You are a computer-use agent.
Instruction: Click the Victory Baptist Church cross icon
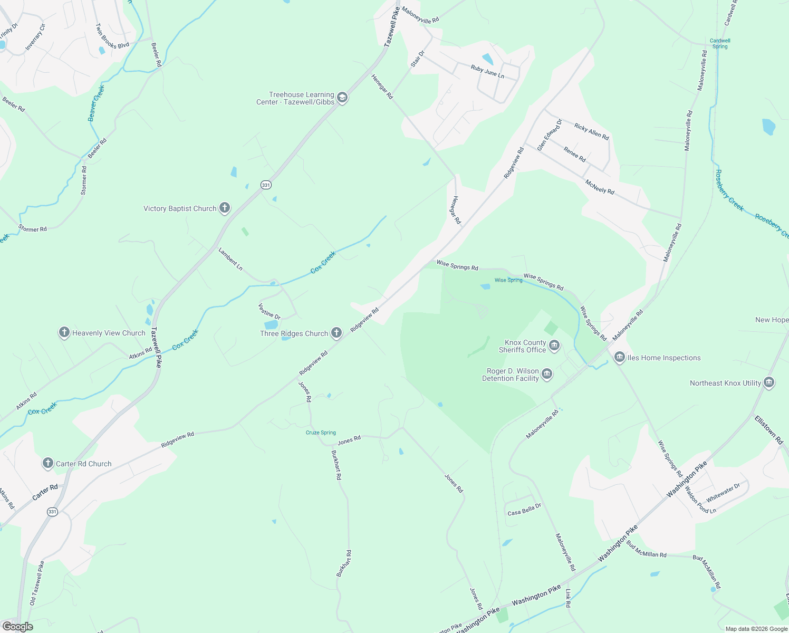click(225, 208)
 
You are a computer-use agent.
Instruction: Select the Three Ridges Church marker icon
click(336, 333)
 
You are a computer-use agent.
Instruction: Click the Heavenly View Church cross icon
click(64, 332)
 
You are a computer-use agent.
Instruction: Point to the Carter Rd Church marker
click(48, 463)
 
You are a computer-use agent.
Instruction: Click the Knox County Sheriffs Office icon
click(554, 346)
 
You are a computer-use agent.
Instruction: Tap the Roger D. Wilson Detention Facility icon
click(547, 375)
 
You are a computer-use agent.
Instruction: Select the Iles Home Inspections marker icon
click(620, 357)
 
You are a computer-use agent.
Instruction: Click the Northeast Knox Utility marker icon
click(769, 382)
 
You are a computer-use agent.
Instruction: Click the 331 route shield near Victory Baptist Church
click(266, 185)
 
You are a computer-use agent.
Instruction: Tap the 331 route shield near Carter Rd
click(52, 512)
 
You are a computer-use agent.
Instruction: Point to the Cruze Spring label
click(321, 433)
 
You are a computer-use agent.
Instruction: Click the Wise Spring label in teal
click(508, 280)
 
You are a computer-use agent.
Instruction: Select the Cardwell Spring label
click(720, 43)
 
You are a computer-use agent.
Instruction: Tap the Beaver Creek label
click(96, 103)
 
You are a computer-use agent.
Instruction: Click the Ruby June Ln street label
click(487, 72)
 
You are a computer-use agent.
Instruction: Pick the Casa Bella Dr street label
click(524, 510)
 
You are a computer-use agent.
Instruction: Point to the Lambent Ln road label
click(230, 260)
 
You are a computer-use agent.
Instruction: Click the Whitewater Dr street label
click(723, 493)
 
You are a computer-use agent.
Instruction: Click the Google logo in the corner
click(18, 627)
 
